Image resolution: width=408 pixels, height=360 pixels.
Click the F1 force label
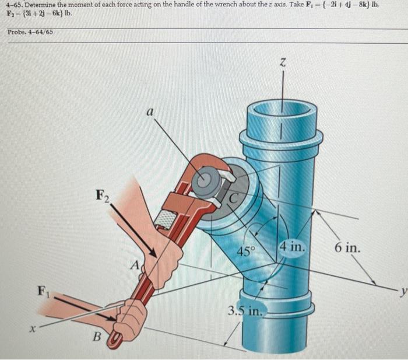tap(41, 290)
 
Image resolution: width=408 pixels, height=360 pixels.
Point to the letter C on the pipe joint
tap(232, 198)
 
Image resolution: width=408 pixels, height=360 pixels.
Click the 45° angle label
tap(245, 251)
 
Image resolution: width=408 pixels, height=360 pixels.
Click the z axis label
tap(283, 63)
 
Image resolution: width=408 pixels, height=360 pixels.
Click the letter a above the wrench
tap(150, 111)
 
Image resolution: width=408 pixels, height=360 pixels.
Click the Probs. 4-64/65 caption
tap(30, 32)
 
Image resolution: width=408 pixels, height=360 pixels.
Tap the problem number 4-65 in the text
tap(12, 5)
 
